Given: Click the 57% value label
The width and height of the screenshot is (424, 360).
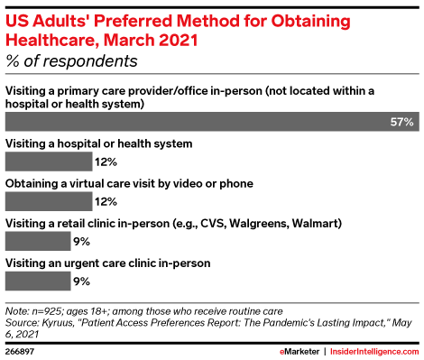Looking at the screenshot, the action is click(401, 122).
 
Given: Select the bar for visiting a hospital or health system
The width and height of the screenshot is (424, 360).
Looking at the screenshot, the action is click(49, 162).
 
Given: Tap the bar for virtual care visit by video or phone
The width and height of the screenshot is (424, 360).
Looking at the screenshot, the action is click(49, 201).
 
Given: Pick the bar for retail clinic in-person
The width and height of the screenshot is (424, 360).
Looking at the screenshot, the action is click(38, 241).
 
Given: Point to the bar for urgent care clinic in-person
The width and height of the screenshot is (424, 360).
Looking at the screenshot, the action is click(38, 281).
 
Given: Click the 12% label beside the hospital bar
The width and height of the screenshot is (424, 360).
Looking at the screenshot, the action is click(106, 162).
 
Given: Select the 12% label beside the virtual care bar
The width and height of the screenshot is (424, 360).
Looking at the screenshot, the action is click(106, 201).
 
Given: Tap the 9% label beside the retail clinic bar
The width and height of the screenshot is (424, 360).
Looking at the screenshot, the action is click(81, 241).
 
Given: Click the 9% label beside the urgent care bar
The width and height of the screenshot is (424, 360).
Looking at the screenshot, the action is click(81, 282).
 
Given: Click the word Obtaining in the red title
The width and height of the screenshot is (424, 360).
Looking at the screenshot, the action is click(310, 21).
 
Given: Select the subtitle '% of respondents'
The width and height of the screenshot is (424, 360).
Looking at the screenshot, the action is click(71, 61).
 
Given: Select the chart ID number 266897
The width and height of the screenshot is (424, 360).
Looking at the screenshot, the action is click(20, 352).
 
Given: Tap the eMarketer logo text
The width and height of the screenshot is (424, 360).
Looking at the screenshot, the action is click(300, 352).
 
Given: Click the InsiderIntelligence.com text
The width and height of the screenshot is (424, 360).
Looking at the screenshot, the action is click(374, 352).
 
